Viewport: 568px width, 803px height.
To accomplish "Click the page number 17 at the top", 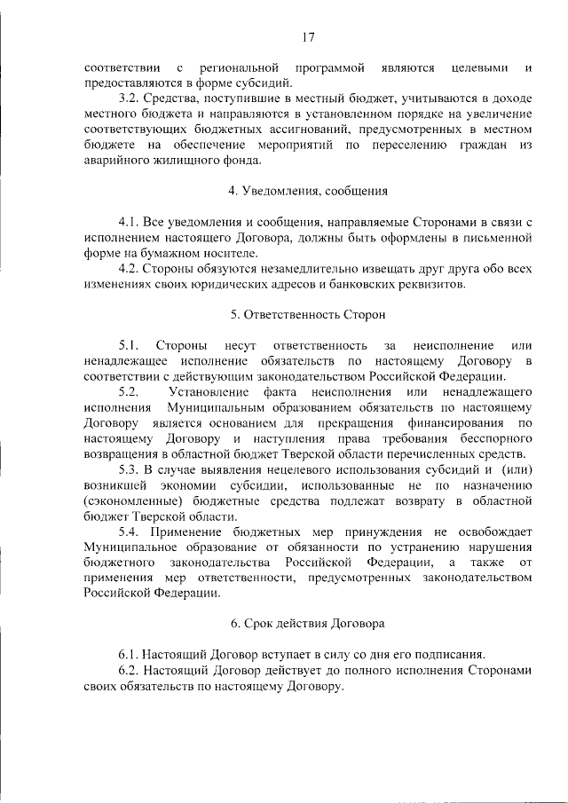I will click(308, 36).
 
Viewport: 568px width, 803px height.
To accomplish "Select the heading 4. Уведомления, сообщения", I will click(308, 191).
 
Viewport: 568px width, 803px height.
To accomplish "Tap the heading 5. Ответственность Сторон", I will click(308, 314).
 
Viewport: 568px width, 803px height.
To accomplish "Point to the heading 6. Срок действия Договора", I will click(308, 623).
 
